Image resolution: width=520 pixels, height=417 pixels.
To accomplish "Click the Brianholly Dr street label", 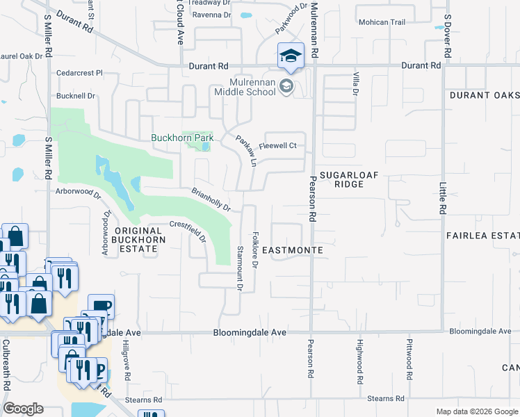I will [x=211, y=199].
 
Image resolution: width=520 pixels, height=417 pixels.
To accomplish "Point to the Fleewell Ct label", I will [x=277, y=145].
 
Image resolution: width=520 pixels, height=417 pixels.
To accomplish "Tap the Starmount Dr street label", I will [x=240, y=267].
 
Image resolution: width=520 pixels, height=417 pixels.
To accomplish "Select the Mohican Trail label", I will [x=382, y=22].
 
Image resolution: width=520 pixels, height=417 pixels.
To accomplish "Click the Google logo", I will [x=23, y=409].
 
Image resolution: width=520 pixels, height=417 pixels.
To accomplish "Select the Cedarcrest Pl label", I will [x=80, y=72].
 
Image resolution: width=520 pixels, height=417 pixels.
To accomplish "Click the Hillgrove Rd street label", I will [x=127, y=361].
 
